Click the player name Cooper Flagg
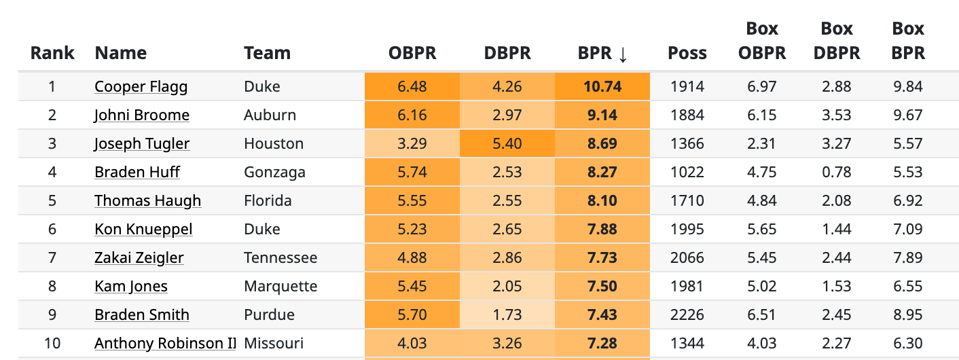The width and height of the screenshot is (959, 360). coord(141,87)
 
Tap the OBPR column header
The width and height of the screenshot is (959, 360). coord(412,54)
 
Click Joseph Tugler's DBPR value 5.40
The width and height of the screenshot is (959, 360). coord(507,144)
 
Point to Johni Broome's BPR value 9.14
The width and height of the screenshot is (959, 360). coord(602,115)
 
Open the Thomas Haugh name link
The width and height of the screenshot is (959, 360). coord(147,201)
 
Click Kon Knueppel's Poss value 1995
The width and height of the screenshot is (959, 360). coord(687,230)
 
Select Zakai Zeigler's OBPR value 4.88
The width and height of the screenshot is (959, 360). coord(412,258)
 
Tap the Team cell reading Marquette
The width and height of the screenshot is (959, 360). coord(281,287)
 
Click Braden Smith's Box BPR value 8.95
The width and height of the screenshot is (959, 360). coord(908,315)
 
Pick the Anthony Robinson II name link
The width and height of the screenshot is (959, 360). coord(165,344)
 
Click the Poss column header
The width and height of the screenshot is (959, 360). coord(687,54)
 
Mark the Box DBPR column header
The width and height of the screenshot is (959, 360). coord(836,41)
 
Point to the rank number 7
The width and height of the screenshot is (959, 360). coord(52,258)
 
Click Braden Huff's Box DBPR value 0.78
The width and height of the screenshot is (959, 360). coord(836,173)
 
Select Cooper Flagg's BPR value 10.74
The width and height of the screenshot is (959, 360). coord(602,87)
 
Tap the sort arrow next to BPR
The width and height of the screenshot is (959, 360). coord(622,54)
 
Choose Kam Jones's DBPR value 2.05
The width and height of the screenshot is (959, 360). coord(507,287)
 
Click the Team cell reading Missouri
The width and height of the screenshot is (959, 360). coord(273,344)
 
